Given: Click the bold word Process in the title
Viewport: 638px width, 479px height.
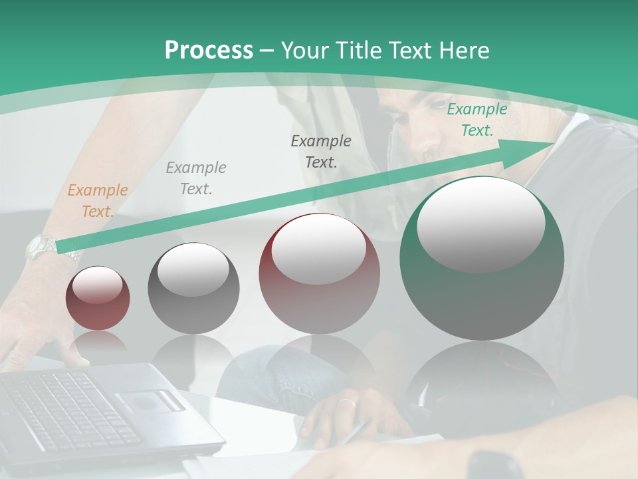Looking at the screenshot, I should [209, 50].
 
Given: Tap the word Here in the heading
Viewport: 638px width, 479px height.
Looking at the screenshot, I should [465, 50].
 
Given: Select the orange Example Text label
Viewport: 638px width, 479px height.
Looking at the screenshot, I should [97, 201].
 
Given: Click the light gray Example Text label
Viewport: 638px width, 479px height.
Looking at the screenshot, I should [196, 178].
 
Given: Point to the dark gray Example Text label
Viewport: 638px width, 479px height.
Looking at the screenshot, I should [321, 151].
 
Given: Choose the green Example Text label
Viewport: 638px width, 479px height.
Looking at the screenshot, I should [477, 120].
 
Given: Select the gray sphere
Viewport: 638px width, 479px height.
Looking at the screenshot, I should [193, 289].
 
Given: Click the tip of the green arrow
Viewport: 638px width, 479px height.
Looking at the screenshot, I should [553, 143].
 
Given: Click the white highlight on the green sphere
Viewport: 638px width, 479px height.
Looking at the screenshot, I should [481, 223].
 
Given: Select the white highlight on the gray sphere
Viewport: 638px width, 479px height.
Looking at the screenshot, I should [193, 269].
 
